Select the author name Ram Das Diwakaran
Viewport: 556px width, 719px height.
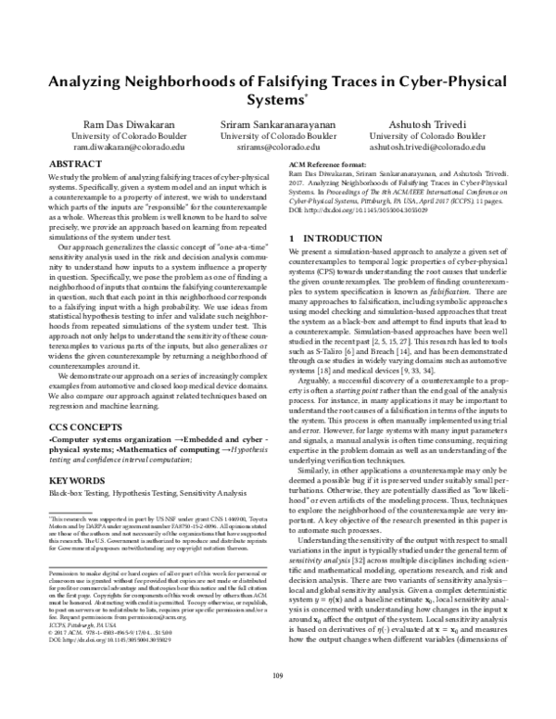[x=116, y=123]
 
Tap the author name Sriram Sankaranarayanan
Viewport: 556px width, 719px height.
[x=278, y=123]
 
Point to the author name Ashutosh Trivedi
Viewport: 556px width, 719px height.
[x=439, y=123]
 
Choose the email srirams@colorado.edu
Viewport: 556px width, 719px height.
[x=278, y=146]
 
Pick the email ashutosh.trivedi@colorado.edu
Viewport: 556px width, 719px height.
[x=439, y=146]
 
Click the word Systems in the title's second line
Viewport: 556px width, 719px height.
[x=276, y=99]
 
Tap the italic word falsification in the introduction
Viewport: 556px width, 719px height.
[x=461, y=291]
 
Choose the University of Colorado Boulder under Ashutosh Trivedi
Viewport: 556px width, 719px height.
[x=439, y=135]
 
